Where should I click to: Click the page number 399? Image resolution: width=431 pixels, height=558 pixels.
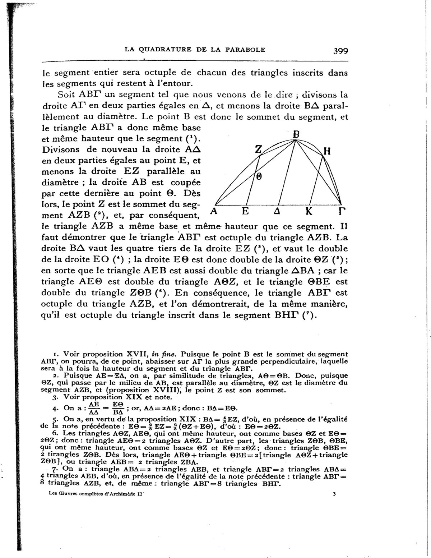[340, 51]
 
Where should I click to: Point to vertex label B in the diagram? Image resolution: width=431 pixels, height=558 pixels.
[296, 134]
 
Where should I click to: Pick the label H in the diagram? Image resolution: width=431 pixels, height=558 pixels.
[326, 152]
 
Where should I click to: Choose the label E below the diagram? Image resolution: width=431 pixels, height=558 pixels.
[245, 211]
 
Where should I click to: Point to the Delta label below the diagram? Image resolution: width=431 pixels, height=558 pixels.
[277, 212]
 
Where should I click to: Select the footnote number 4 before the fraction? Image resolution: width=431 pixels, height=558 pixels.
[54, 409]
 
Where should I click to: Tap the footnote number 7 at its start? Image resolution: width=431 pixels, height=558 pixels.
[54, 469]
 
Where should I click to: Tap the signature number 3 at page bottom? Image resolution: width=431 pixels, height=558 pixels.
[334, 494]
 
